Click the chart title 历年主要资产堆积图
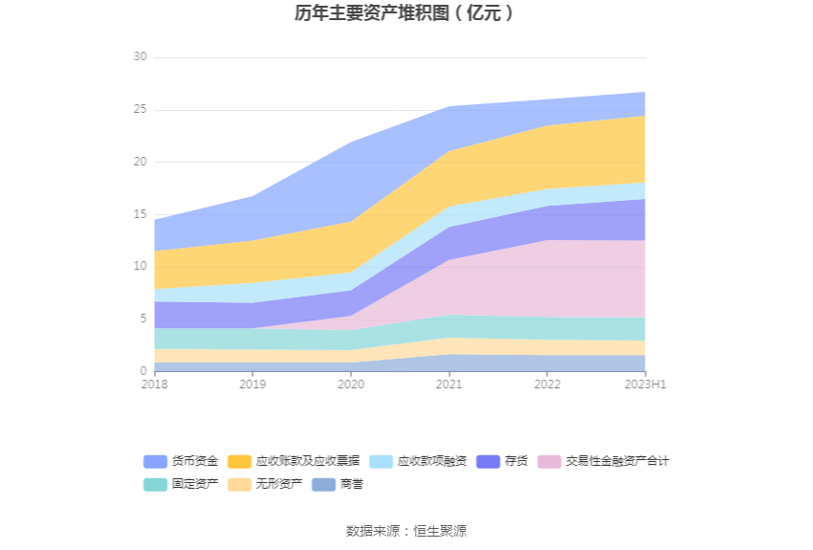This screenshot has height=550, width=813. tap(406, 13)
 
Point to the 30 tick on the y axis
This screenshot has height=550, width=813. tap(140, 57)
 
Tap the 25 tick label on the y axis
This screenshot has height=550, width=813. tap(140, 110)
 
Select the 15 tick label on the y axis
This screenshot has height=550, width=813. tap(140, 214)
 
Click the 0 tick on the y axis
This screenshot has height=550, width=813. tap(143, 371)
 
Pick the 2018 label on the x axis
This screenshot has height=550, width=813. tap(154, 385)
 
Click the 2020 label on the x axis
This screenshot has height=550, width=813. tap(351, 385)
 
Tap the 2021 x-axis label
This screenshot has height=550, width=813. tap(450, 385)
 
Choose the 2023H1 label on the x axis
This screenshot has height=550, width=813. tap(645, 385)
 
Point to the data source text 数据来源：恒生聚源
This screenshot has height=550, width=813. tap(406, 531)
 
